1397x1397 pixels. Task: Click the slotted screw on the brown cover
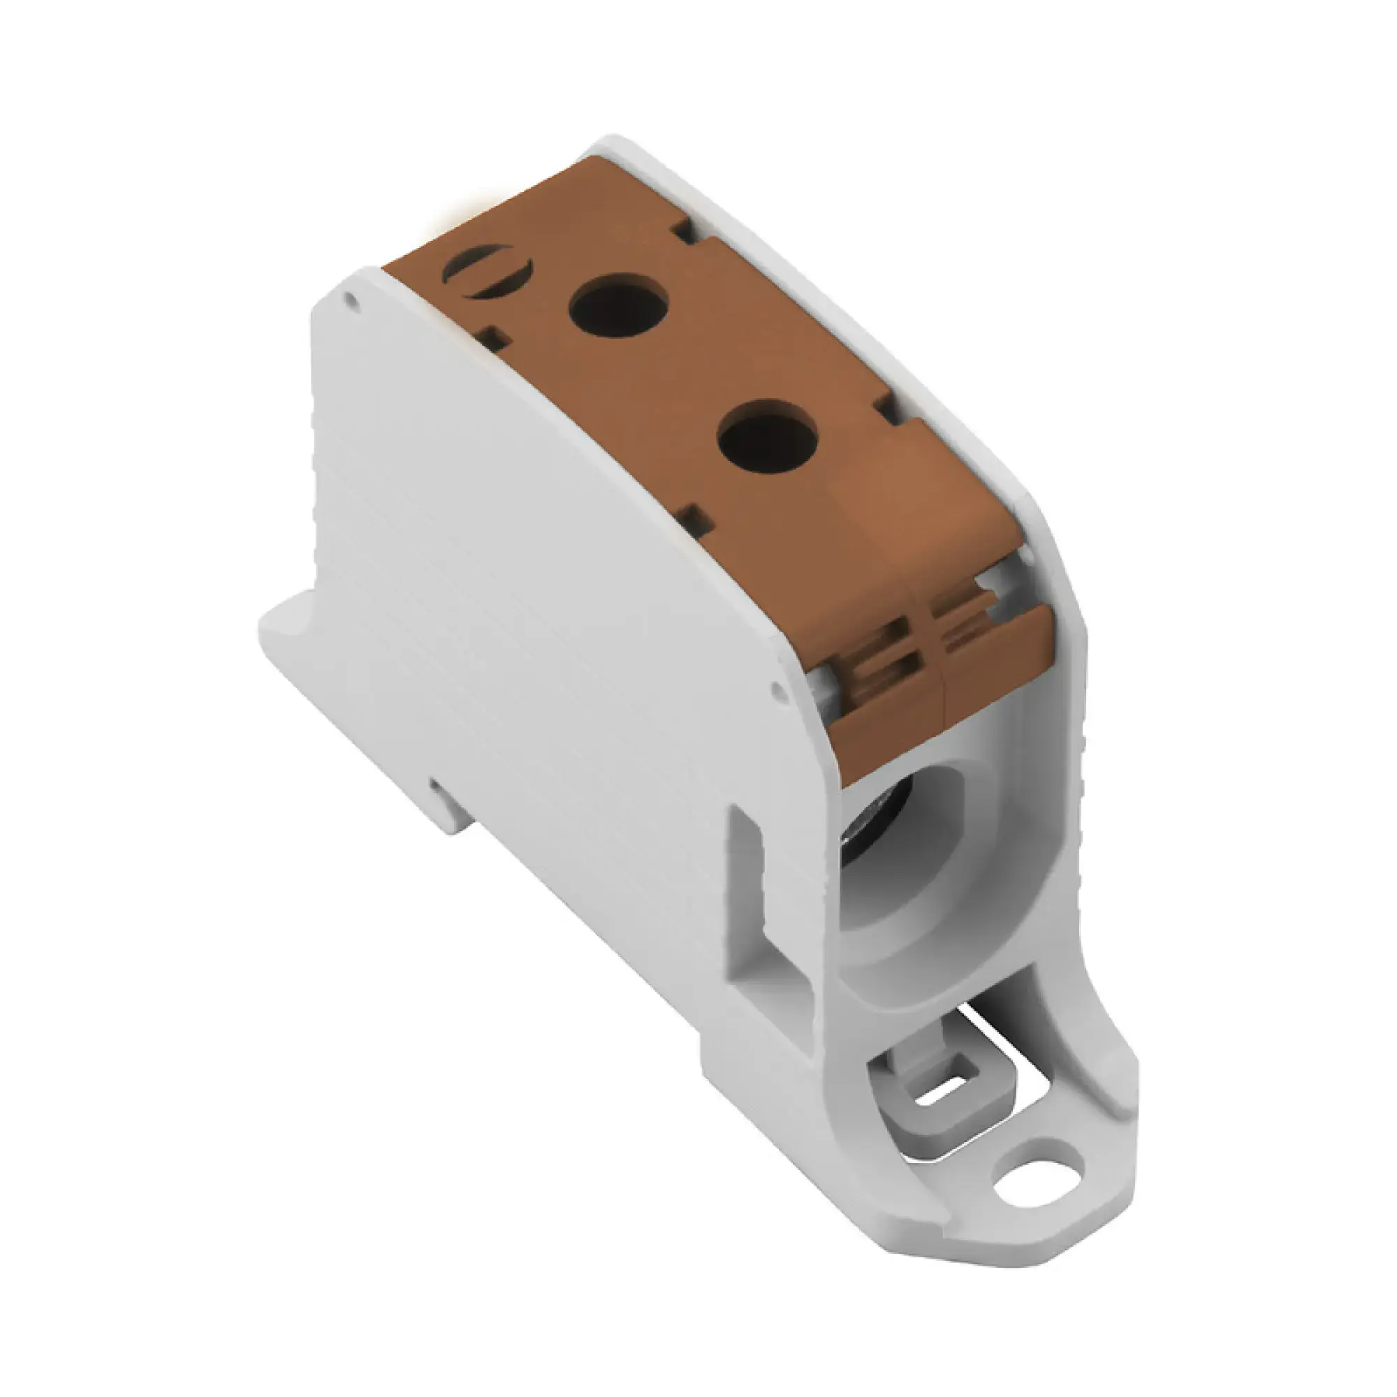pyautogui.click(x=488, y=272)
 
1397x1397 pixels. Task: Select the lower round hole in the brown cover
pyautogui.click(x=767, y=437)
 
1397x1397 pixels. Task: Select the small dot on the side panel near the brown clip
pyautogui.click(x=778, y=689)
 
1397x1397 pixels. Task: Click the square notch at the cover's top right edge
pyautogui.click(x=685, y=231)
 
